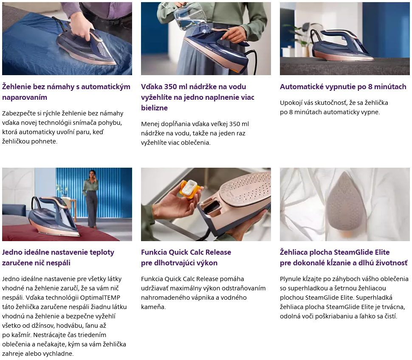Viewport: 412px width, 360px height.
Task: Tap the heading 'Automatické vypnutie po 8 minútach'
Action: pos(343,87)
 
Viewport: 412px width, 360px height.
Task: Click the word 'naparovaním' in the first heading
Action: pos(25,97)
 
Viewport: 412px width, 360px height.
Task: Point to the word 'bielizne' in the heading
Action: pos(154,108)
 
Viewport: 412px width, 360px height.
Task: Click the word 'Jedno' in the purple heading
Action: pos(12,252)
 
